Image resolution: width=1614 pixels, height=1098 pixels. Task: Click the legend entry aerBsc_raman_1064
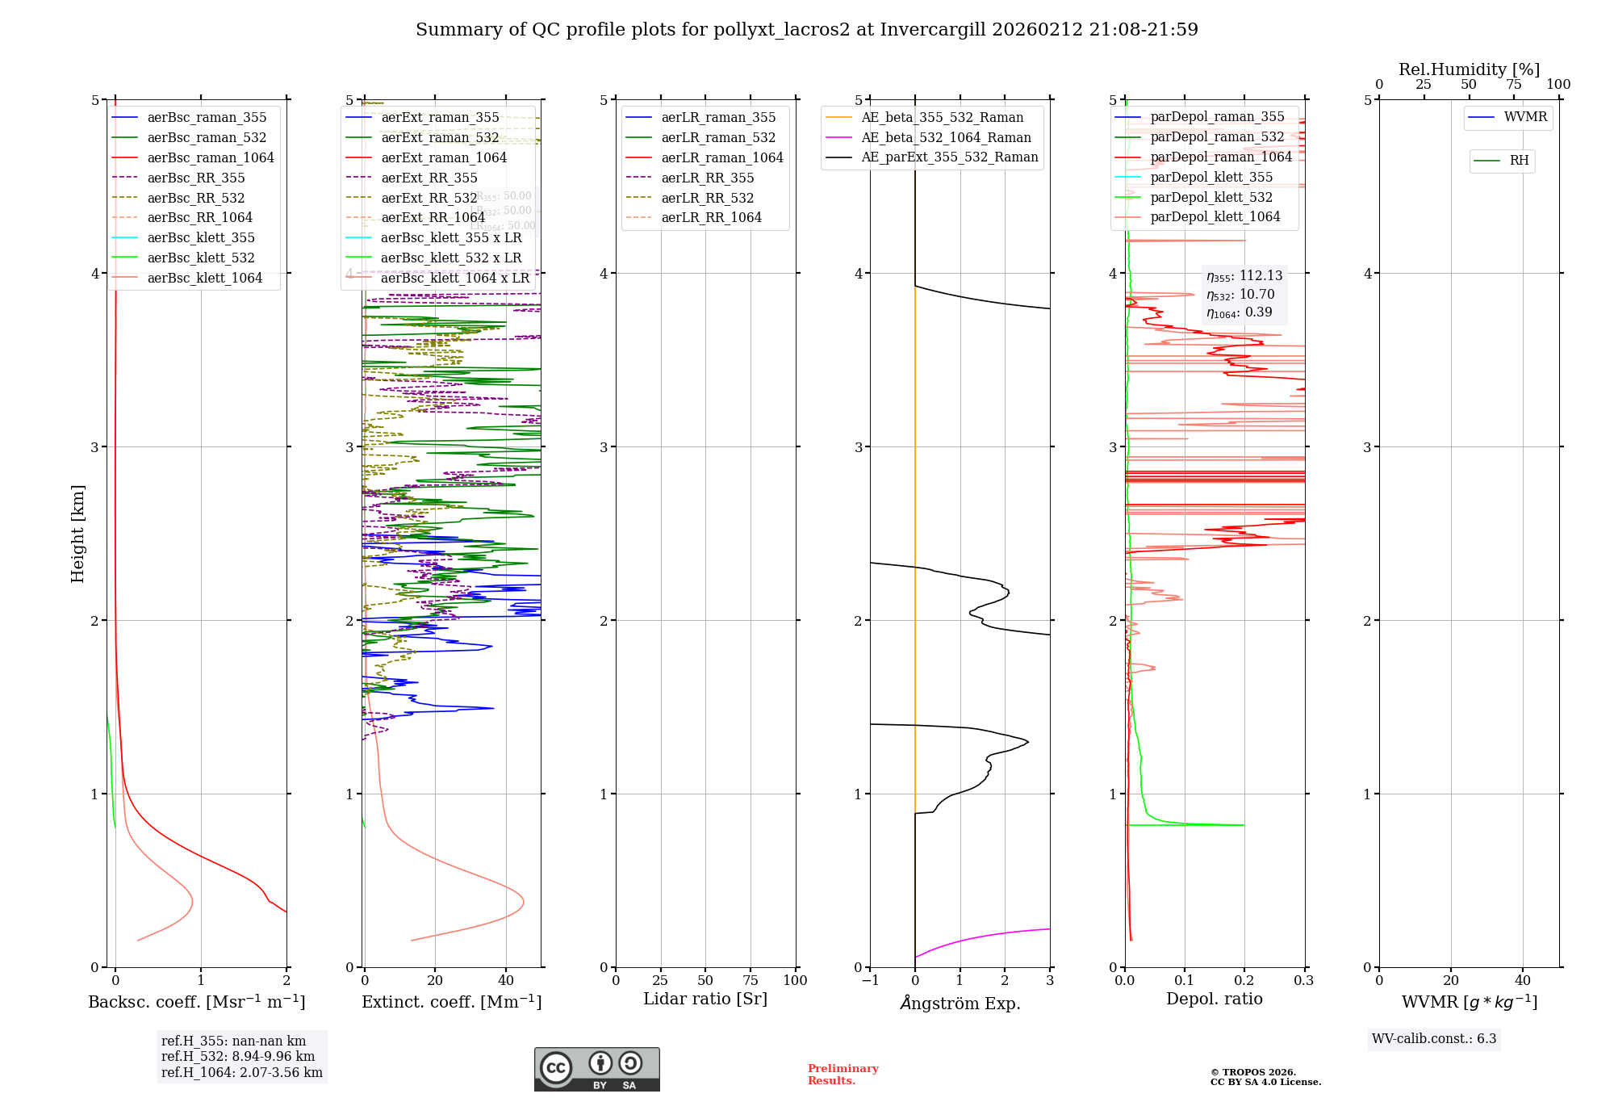click(x=210, y=158)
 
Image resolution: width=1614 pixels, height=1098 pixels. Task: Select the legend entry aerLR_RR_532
click(x=707, y=198)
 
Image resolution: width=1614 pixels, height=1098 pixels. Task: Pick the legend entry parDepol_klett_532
click(x=1210, y=197)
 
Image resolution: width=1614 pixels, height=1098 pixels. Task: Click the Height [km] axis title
click(x=77, y=533)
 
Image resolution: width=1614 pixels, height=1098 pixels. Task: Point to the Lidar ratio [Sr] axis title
click(x=705, y=999)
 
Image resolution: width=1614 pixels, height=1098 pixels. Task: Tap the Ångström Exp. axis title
click(x=960, y=1003)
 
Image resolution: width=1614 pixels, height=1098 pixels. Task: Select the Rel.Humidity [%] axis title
click(x=1469, y=69)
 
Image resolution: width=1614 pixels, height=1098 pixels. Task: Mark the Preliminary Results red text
click(x=843, y=1074)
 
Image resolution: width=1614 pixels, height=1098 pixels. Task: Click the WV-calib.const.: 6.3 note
click(x=1434, y=1039)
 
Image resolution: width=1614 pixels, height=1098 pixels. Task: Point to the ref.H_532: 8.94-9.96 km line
click(x=238, y=1056)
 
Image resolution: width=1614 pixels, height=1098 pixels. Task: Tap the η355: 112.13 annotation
click(x=1244, y=276)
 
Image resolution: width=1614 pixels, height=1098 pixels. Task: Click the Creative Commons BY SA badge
click(x=596, y=1069)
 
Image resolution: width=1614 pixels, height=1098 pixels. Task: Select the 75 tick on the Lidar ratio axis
click(x=751, y=980)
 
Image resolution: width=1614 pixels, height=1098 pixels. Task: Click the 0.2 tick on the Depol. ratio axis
click(x=1244, y=980)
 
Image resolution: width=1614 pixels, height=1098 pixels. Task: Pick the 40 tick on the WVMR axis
click(x=1523, y=980)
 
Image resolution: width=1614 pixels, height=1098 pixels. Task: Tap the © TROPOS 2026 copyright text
click(x=1265, y=1072)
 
